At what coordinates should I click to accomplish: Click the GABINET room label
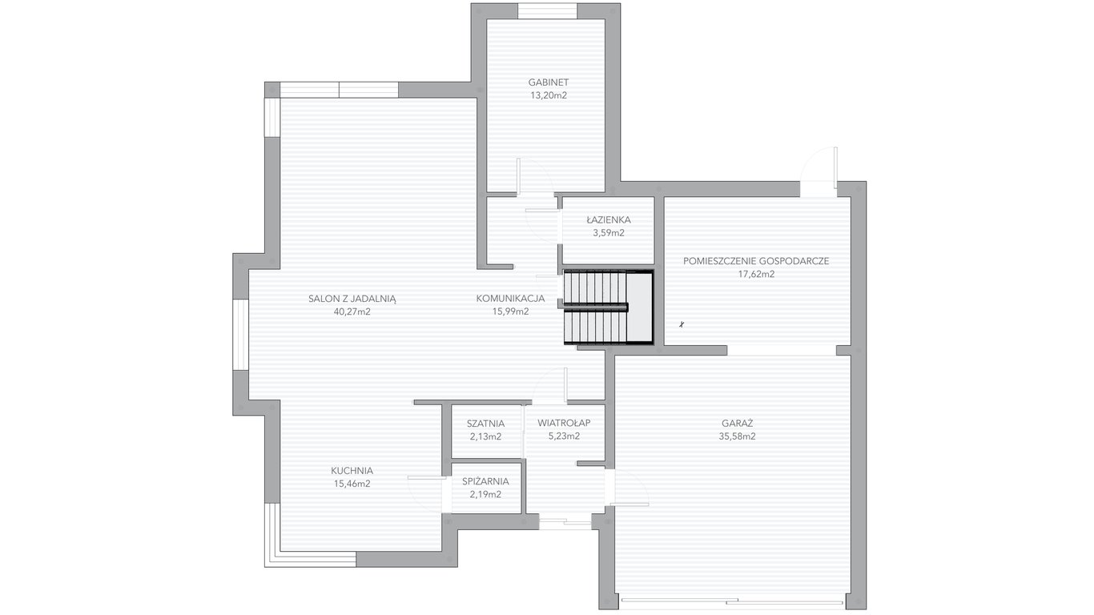pyautogui.click(x=549, y=82)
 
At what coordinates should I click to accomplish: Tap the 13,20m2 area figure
pyautogui.click(x=549, y=96)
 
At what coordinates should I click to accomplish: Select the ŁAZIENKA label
pyautogui.click(x=609, y=220)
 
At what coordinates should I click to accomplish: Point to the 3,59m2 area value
pyautogui.click(x=609, y=233)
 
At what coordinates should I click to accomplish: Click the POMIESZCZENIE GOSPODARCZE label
pyautogui.click(x=756, y=261)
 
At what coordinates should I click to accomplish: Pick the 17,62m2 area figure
pyautogui.click(x=756, y=275)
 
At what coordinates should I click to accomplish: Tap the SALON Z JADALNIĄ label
pyautogui.click(x=352, y=299)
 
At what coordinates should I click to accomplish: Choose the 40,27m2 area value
pyautogui.click(x=352, y=312)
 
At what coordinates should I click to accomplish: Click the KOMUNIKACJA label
pyautogui.click(x=510, y=299)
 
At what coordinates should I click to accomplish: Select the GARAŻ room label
pyautogui.click(x=738, y=424)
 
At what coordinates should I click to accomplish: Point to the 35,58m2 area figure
pyautogui.click(x=737, y=436)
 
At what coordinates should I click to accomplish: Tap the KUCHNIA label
pyautogui.click(x=352, y=471)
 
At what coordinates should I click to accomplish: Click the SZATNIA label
pyautogui.click(x=485, y=424)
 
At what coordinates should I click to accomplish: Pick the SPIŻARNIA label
pyautogui.click(x=485, y=481)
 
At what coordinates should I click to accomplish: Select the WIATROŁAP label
pyautogui.click(x=564, y=423)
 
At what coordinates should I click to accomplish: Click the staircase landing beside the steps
pyautogui.click(x=639, y=307)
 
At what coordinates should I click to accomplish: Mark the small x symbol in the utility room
pyautogui.click(x=682, y=324)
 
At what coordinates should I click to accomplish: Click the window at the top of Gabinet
pyautogui.click(x=547, y=11)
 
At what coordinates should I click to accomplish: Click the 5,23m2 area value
pyautogui.click(x=564, y=436)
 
